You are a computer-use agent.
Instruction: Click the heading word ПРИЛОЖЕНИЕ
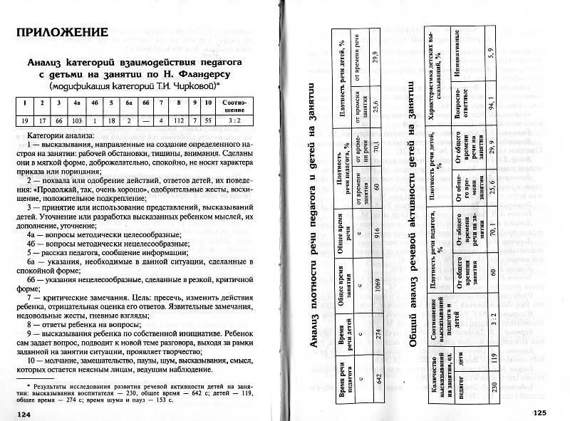tap(63, 33)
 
